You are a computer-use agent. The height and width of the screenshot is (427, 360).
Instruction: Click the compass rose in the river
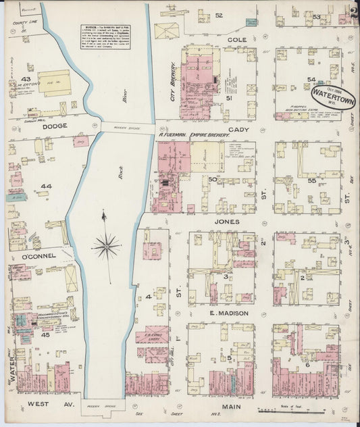[x=106, y=246]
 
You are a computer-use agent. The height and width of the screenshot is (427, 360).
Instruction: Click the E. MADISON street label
[x=228, y=313]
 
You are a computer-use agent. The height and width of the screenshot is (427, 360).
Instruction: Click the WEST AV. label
[x=42, y=405]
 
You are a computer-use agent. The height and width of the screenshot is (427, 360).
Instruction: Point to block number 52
[x=219, y=15]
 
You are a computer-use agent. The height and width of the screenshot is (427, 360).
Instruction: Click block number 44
[x=46, y=186]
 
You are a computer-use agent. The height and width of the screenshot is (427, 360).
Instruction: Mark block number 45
[x=45, y=334]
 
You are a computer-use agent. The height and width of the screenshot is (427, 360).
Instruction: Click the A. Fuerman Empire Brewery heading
[x=199, y=134]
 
